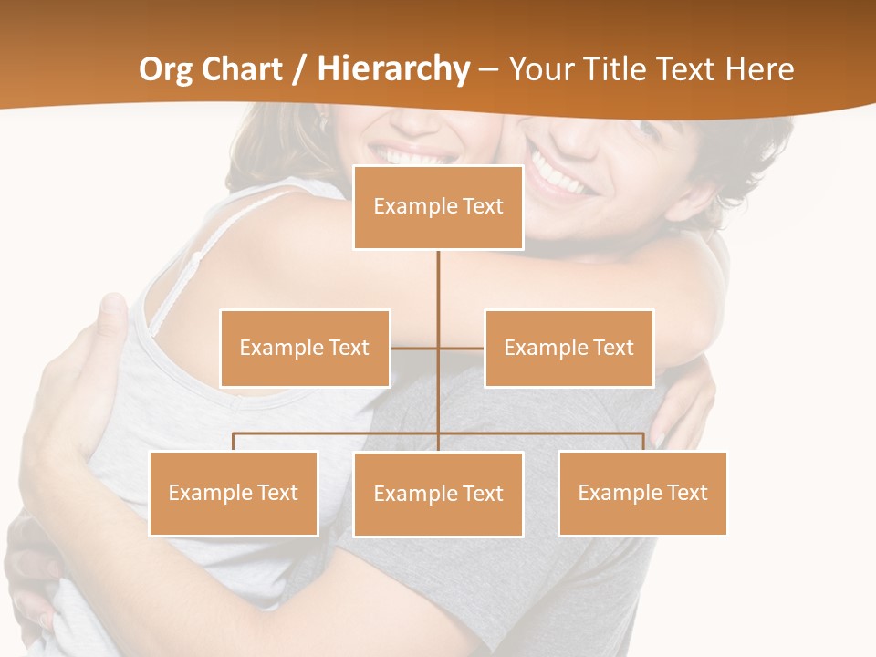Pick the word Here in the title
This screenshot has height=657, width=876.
pos(759,69)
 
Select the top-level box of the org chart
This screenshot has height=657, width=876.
pos(438,207)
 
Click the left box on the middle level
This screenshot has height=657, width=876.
pos(305,348)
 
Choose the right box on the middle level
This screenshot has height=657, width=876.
pos(568,348)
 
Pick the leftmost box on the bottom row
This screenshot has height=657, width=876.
pos(234,493)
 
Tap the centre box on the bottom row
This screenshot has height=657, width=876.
pos(438,494)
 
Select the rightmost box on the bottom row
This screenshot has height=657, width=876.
pos(642,493)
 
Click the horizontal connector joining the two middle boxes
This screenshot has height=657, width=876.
pos(415,348)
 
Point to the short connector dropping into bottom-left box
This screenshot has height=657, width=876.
pos(234,442)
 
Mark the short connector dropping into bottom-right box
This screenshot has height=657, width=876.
pos(642,442)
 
